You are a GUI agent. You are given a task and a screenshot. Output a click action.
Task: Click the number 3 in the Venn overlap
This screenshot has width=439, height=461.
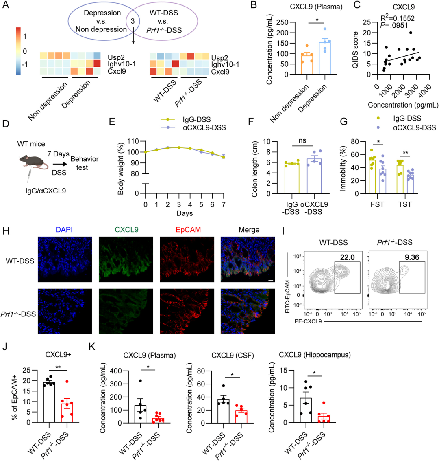pos(133,20)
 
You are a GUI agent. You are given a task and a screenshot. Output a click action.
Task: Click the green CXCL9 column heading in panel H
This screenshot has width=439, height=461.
pos(126,230)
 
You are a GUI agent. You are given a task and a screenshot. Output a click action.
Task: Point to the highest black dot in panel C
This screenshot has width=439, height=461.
pos(411,33)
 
